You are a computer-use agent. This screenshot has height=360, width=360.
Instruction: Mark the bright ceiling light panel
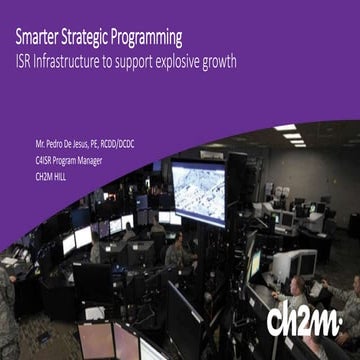coord(286,128)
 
